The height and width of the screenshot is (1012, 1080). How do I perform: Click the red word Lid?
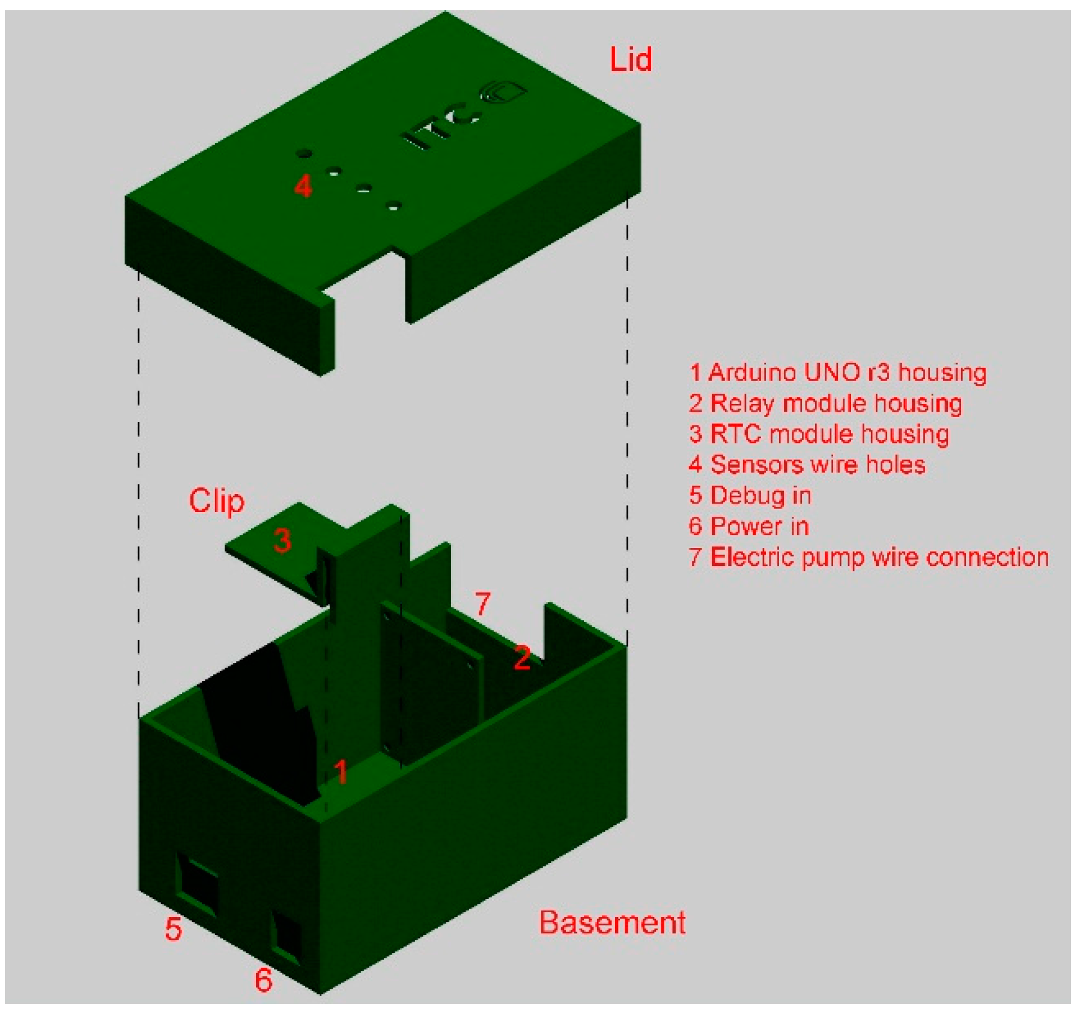(x=631, y=59)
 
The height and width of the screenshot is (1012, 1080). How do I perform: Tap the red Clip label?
(x=216, y=501)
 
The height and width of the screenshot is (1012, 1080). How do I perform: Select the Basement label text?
(x=611, y=922)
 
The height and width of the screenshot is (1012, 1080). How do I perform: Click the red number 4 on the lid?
(x=303, y=186)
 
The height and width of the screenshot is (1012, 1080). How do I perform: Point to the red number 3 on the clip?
(x=282, y=540)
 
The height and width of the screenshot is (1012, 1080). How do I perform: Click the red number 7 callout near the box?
(x=482, y=603)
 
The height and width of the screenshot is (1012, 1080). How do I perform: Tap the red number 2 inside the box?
(x=521, y=657)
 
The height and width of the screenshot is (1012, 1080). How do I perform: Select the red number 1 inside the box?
(x=341, y=772)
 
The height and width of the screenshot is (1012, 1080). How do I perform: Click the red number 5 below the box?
(x=173, y=929)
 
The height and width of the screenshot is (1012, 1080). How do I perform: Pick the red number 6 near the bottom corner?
(x=263, y=980)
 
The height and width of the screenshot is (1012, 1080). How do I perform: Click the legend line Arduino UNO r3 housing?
(x=838, y=373)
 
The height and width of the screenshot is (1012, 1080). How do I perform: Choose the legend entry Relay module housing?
(x=826, y=403)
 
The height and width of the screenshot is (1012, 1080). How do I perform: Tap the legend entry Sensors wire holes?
(x=807, y=465)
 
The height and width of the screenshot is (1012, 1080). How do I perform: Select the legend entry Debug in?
(x=750, y=496)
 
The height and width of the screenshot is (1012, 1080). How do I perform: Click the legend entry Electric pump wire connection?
(x=869, y=557)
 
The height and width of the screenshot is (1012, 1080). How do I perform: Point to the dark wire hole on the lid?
(x=305, y=154)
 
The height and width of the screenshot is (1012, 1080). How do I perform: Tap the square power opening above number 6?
(x=287, y=935)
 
